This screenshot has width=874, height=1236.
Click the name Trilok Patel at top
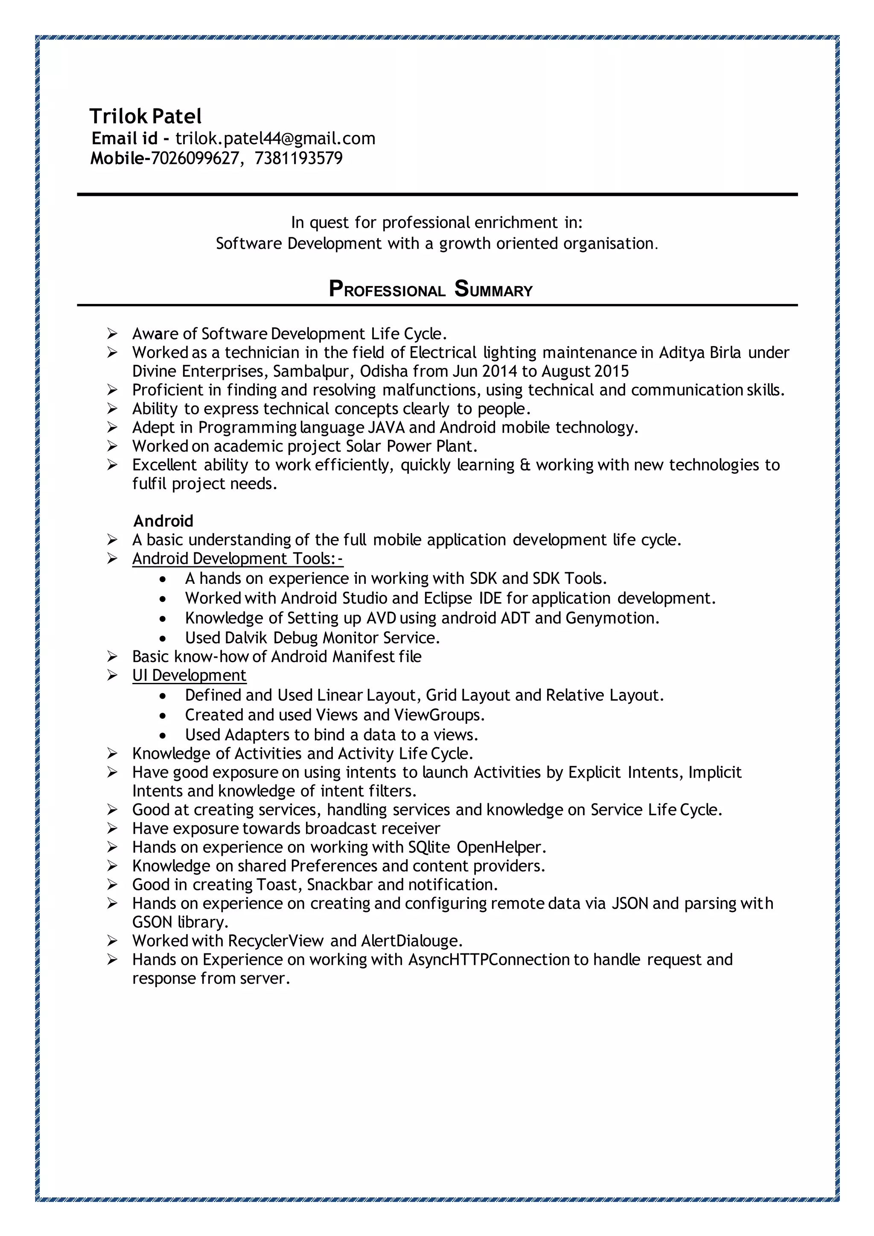click(x=145, y=116)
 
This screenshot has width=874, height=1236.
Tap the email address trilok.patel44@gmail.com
click(x=275, y=138)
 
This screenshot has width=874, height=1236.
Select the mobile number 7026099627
click(x=194, y=158)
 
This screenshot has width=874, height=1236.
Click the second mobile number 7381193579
click(x=298, y=158)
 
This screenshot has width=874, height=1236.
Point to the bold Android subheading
click(x=163, y=521)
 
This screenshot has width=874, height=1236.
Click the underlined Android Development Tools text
click(x=237, y=559)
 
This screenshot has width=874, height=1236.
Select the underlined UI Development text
click(x=189, y=675)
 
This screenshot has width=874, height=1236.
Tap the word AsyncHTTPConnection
click(x=489, y=959)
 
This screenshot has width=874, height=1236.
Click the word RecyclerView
click(x=276, y=941)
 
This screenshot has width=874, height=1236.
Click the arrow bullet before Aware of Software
click(x=112, y=334)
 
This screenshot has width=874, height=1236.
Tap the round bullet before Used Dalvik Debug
click(x=163, y=639)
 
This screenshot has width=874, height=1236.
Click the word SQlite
click(x=429, y=847)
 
